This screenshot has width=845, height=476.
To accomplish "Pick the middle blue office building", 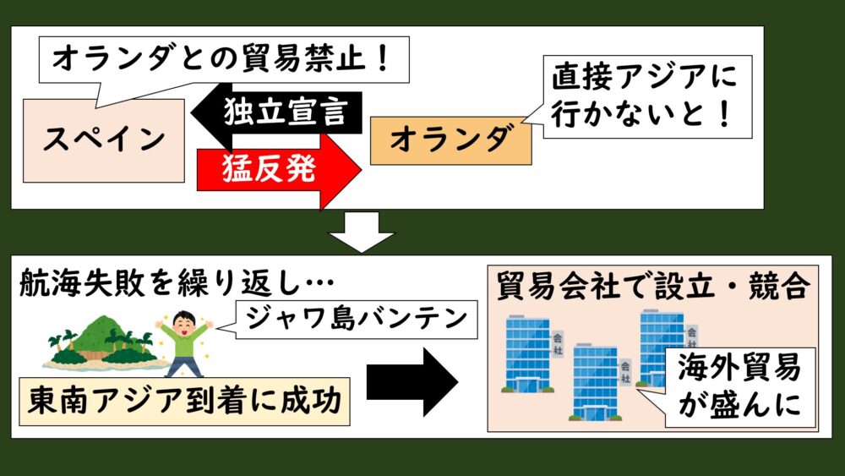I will [x=597, y=380].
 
